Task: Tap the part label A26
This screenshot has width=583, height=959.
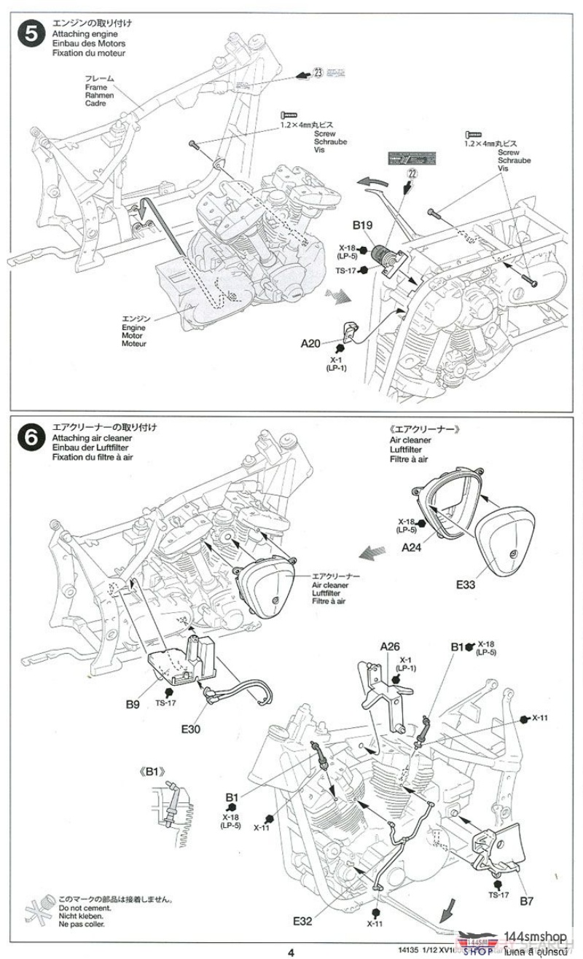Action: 390,646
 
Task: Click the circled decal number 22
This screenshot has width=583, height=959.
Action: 412,173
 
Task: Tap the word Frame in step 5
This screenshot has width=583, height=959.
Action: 95,87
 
